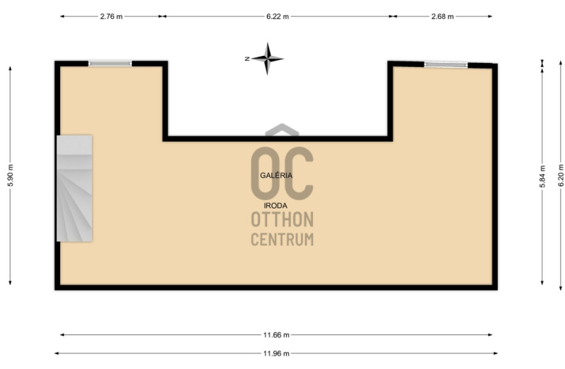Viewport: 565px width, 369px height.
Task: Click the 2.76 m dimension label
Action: pyautogui.click(x=112, y=16)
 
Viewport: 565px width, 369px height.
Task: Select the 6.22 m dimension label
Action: pyautogui.click(x=278, y=16)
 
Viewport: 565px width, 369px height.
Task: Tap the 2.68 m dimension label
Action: pyautogui.click(x=443, y=16)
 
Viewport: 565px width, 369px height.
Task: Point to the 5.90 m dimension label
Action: pyautogui.click(x=11, y=175)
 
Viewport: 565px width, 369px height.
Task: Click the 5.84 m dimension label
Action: pyautogui.click(x=542, y=177)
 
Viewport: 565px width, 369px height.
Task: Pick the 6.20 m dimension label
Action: pyautogui.click(x=561, y=175)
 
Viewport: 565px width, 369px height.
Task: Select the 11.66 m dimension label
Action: pyautogui.click(x=276, y=335)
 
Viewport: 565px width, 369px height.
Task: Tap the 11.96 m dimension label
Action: pyautogui.click(x=276, y=353)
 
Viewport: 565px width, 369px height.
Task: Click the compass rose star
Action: pyautogui.click(x=268, y=59)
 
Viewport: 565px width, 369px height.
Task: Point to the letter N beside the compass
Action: pyautogui.click(x=247, y=59)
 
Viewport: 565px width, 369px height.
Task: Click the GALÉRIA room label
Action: pyautogui.click(x=276, y=175)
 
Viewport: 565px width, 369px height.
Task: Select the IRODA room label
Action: pyautogui.click(x=275, y=206)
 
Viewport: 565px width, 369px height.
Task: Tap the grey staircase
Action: pyautogui.click(x=75, y=188)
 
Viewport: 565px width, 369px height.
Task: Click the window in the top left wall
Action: pyautogui.click(x=110, y=64)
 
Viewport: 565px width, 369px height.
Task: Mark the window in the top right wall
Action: pyautogui.click(x=446, y=65)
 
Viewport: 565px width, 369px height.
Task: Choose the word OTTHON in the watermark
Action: pyautogui.click(x=282, y=219)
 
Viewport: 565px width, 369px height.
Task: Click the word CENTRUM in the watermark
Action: pyautogui.click(x=282, y=240)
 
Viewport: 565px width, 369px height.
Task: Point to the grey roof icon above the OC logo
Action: pyautogui.click(x=282, y=130)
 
